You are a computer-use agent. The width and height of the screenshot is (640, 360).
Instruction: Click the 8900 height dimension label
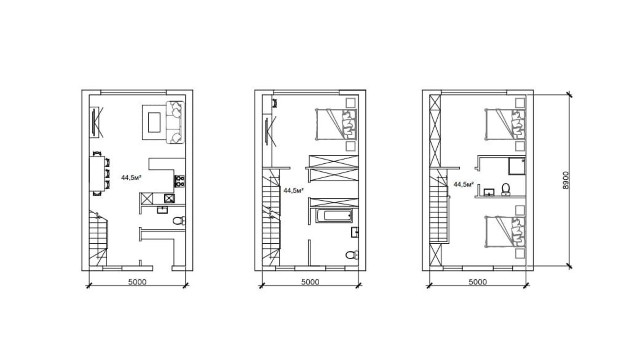click(x=565, y=180)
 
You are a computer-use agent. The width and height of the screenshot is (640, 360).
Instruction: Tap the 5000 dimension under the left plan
click(x=137, y=282)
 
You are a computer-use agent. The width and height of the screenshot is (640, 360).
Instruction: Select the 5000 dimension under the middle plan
click(x=310, y=282)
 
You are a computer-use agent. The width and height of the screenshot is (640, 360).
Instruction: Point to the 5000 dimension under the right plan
click(x=478, y=282)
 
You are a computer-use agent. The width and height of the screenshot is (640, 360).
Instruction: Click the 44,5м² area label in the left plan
click(x=131, y=178)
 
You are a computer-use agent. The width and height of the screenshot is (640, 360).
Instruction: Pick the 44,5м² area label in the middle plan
click(x=294, y=190)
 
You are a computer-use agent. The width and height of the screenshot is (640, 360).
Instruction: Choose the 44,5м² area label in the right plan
click(x=464, y=184)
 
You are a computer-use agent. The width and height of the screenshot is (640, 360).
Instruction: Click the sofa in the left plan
click(x=175, y=122)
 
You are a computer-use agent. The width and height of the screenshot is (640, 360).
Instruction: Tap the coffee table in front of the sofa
click(x=154, y=123)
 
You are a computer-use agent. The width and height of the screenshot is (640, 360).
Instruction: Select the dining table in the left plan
click(x=97, y=173)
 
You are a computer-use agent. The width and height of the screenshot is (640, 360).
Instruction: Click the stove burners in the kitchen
click(x=179, y=181)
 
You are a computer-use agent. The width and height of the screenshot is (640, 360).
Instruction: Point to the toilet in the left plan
click(x=179, y=220)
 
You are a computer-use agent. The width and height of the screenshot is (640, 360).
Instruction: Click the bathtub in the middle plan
click(x=334, y=216)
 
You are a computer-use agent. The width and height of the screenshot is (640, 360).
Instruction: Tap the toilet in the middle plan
click(x=352, y=255)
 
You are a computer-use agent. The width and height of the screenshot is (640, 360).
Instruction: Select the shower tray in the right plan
click(x=517, y=166)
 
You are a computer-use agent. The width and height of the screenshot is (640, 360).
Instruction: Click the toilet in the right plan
click(x=506, y=189)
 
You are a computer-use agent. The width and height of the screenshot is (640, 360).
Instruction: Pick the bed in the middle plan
click(x=336, y=124)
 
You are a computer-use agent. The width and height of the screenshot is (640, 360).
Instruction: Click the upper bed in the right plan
click(x=505, y=124)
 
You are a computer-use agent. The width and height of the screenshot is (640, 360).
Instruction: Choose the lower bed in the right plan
click(x=505, y=232)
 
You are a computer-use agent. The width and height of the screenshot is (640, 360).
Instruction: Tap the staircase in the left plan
click(x=98, y=238)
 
